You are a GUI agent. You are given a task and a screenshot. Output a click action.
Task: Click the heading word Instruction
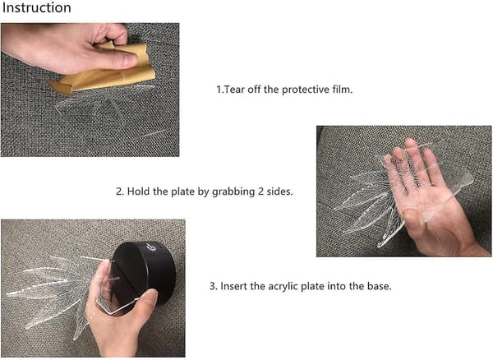(x=36, y=7)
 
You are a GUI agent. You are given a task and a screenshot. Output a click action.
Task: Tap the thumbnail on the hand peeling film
(x=129, y=60)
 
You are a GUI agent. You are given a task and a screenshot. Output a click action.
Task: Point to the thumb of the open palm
(x=412, y=218)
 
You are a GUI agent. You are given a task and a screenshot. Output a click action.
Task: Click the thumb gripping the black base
(x=144, y=300)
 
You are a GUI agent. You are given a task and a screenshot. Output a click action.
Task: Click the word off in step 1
(x=254, y=90)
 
